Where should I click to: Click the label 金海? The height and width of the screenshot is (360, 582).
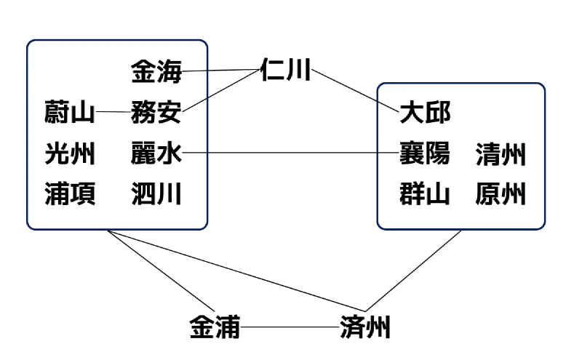click(156, 71)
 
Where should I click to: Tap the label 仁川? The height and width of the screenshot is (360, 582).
click(285, 69)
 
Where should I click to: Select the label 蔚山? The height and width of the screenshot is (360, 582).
click(69, 112)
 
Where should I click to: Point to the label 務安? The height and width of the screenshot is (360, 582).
click(156, 112)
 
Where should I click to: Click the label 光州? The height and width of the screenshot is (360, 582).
click(70, 153)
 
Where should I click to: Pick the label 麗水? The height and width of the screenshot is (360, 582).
click(156, 153)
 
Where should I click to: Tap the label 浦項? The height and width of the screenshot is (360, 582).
click(70, 193)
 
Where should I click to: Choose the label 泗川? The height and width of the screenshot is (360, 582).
click(156, 193)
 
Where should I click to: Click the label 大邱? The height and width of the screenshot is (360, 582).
click(425, 112)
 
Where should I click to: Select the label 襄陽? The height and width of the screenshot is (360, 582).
click(425, 153)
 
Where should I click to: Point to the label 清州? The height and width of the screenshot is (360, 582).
click(501, 154)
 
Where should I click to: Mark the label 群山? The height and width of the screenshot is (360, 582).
click(425, 193)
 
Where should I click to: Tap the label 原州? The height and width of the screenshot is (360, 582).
click(501, 193)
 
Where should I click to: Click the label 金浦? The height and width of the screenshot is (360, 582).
click(215, 327)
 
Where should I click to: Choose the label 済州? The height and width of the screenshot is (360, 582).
click(365, 327)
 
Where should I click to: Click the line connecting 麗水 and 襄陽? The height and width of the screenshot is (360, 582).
click(290, 152)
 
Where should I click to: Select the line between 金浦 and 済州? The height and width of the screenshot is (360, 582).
click(290, 327)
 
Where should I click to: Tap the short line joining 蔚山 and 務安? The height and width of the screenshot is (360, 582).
click(113, 112)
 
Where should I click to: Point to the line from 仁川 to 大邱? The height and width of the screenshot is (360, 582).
click(355, 91)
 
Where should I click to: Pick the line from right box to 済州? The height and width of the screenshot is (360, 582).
click(413, 271)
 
